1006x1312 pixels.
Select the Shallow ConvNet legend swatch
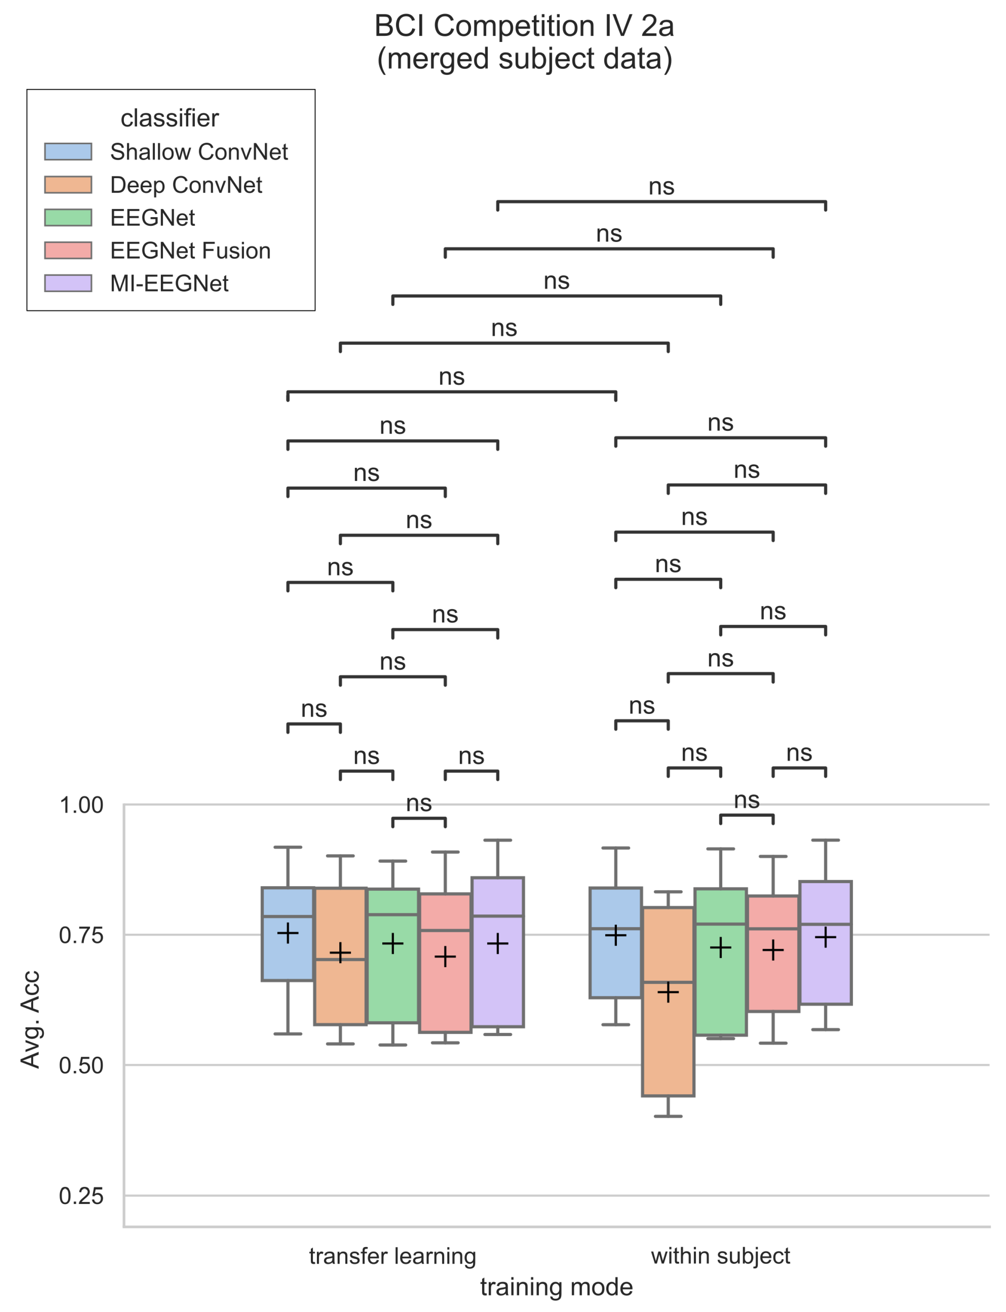tap(68, 151)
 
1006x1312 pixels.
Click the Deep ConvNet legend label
tap(186, 185)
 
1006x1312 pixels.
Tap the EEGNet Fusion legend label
tap(190, 250)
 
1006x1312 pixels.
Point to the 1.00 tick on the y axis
tap(82, 805)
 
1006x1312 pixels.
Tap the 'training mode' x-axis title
tap(556, 1287)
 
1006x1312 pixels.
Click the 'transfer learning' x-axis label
tap(392, 1256)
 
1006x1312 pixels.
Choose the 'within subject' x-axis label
tap(720, 1256)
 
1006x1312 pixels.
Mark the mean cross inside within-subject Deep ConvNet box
tap(668, 992)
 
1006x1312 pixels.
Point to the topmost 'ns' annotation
tap(661, 187)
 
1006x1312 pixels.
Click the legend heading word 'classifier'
tap(170, 119)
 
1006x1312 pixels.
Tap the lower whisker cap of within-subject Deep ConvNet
tap(668, 1116)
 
